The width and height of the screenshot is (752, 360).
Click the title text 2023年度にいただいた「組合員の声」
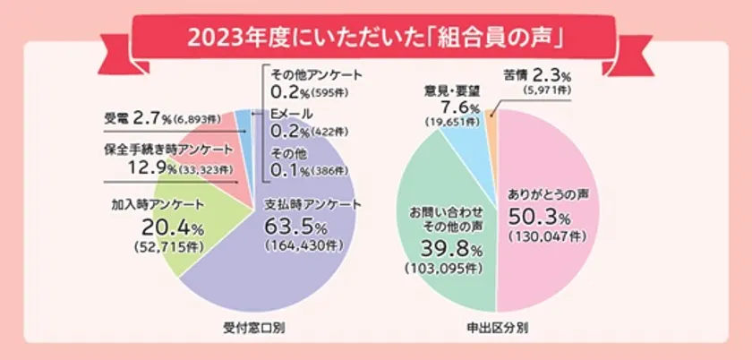coord(375,39)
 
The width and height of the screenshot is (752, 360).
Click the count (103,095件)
coord(444,268)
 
